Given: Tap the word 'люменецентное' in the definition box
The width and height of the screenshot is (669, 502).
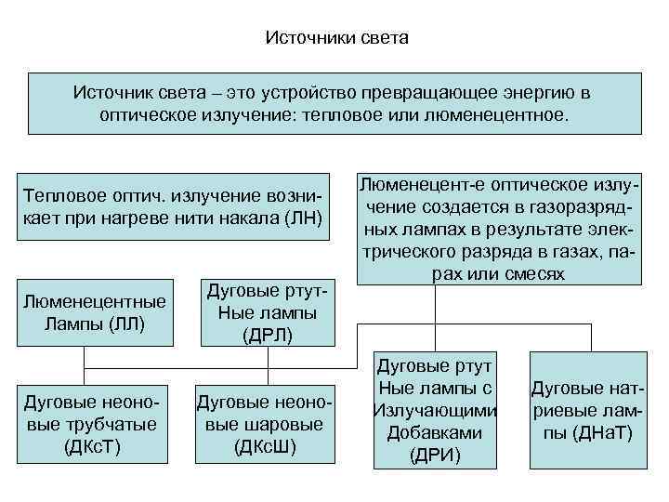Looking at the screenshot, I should tap(500, 116).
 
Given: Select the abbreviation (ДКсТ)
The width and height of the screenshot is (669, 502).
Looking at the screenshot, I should tap(92, 446).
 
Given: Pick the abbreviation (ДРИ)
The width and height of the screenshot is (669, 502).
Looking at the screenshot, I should tap(435, 456).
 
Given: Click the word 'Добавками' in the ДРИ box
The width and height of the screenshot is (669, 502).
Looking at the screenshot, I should tap(435, 433).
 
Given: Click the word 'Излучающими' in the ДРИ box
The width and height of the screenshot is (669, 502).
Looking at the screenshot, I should tap(435, 411).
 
